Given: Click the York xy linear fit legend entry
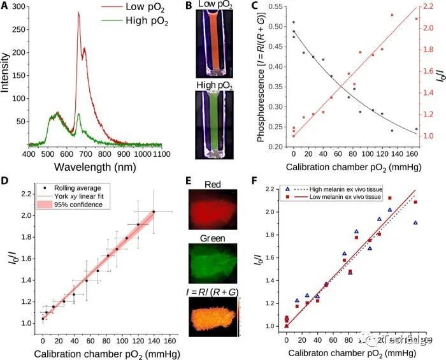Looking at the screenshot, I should [x=70, y=197].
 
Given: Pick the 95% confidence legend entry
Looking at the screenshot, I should [x=70, y=205].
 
